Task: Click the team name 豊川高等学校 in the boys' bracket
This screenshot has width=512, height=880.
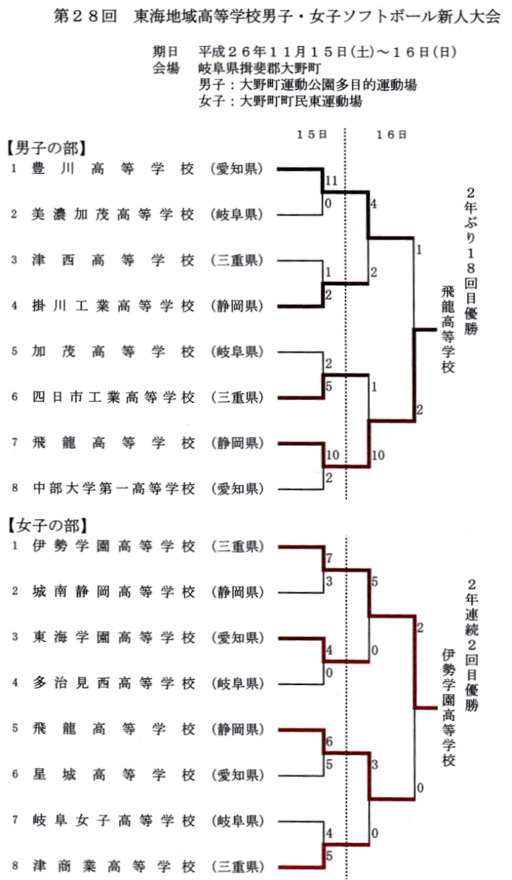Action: tap(113, 170)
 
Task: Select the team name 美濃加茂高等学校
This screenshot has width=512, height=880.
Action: tap(113, 214)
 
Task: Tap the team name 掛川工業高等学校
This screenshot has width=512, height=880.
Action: tap(113, 306)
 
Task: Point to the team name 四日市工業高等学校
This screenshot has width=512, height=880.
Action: tap(113, 397)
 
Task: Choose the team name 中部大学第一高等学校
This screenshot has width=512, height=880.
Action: tap(113, 489)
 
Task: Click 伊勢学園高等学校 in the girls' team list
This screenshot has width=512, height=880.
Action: tap(113, 546)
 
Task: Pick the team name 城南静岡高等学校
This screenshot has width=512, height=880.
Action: tap(113, 592)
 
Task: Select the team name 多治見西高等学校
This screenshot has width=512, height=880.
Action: tap(113, 683)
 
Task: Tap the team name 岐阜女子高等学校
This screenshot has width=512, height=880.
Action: tap(113, 820)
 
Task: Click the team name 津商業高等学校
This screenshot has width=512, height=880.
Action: tap(113, 866)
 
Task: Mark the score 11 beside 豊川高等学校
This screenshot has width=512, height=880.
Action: tap(332, 180)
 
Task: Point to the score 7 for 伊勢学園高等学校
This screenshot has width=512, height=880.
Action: tap(329, 559)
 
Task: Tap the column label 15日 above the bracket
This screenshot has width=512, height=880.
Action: tap(312, 134)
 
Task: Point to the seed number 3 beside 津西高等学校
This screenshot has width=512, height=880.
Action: tap(14, 261)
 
